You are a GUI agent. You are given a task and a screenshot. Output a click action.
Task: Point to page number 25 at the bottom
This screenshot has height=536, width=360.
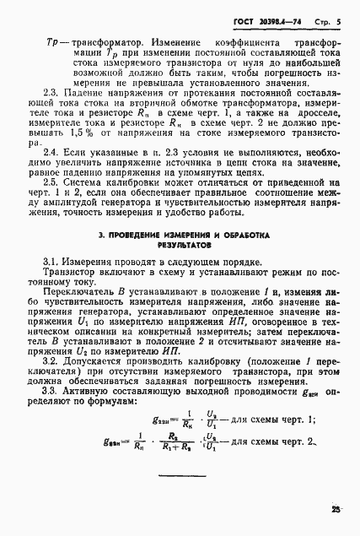click(337, 508)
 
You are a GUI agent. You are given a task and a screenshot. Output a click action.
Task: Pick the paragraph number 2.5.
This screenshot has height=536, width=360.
click(51, 203)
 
